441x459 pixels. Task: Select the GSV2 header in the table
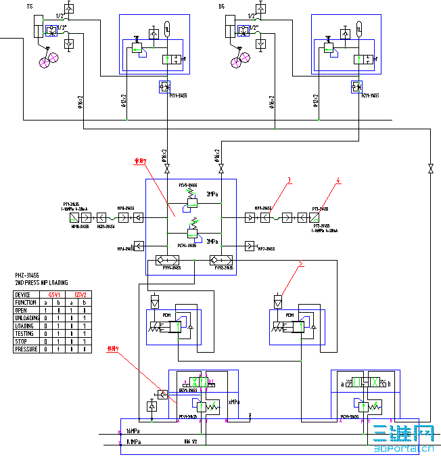[x=80, y=294]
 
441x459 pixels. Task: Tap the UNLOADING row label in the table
[x=28, y=318]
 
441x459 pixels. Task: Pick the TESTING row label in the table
[x=26, y=333]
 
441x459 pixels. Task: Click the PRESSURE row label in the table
[x=27, y=349]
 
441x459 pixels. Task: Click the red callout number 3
[x=289, y=180]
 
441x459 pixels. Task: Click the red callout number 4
[x=338, y=180]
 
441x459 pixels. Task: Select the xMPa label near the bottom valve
[x=234, y=401]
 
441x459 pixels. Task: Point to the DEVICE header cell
[x=24, y=294]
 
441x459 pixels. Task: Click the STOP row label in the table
[x=22, y=341]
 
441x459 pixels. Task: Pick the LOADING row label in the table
[x=26, y=326]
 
